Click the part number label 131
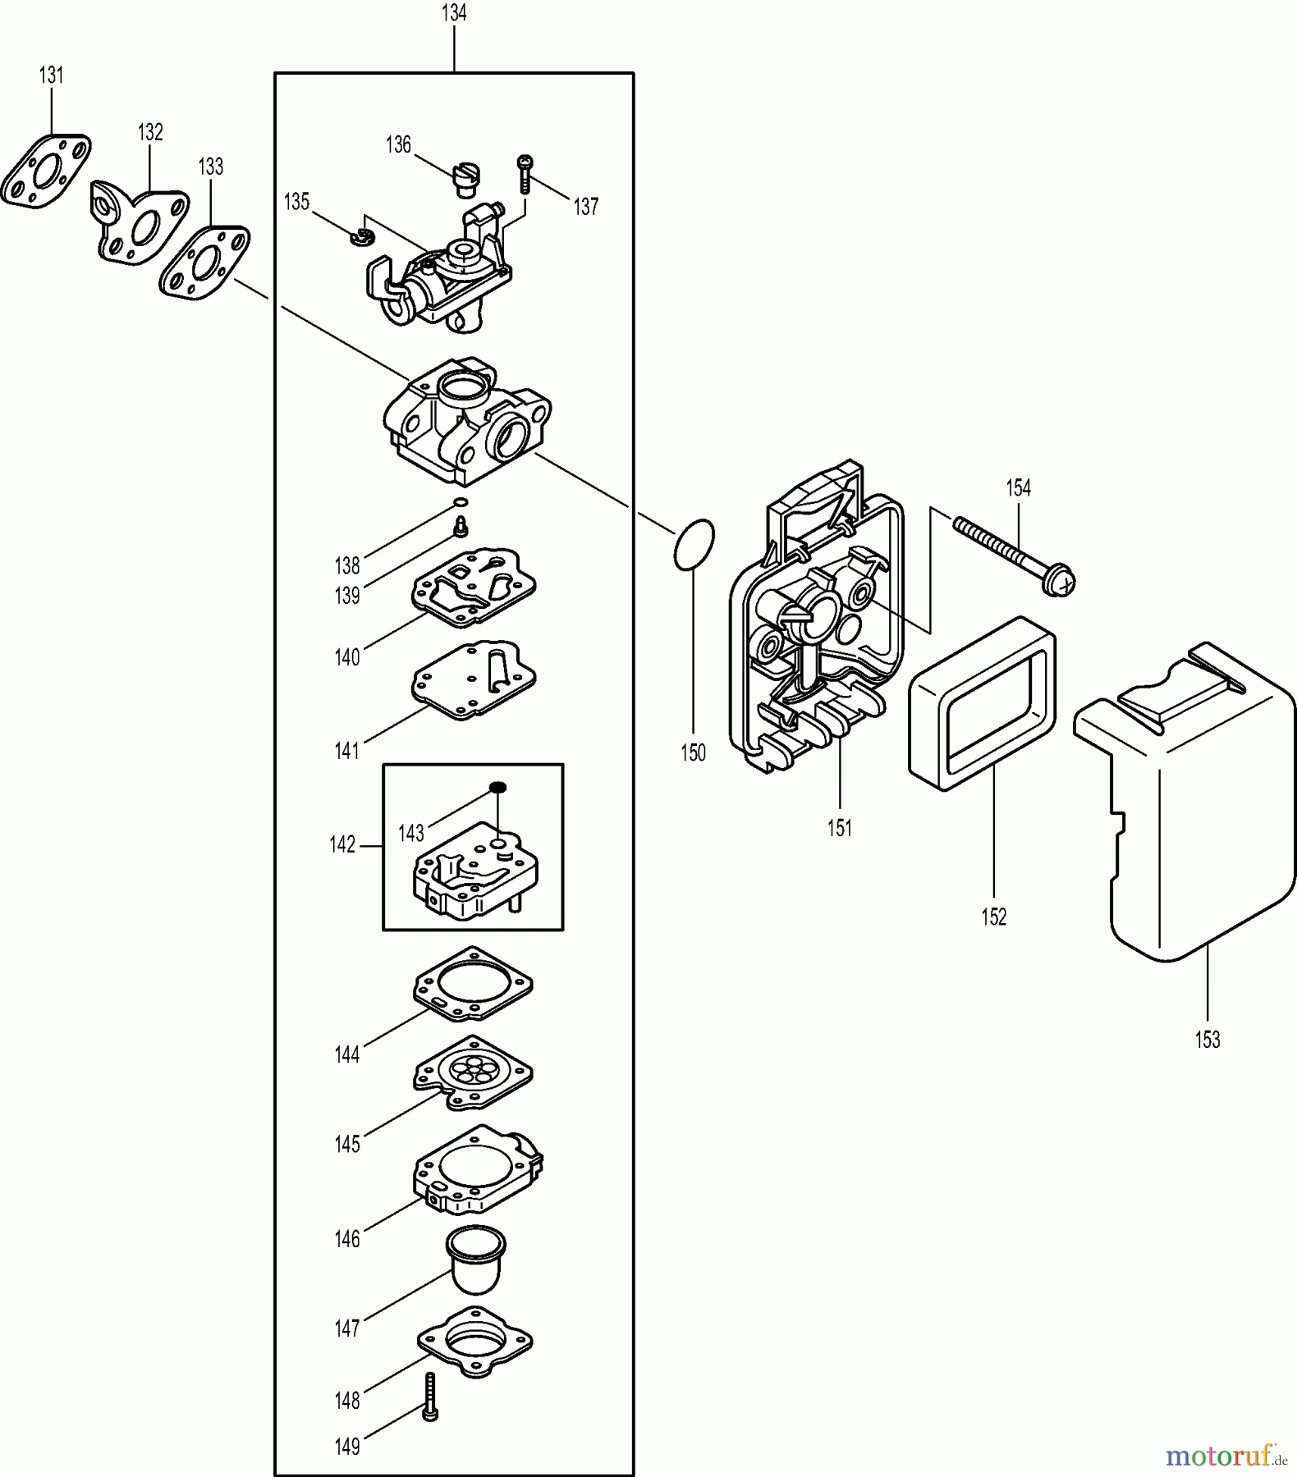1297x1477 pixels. point(51,75)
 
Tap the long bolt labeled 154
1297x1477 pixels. point(1015,552)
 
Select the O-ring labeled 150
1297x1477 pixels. point(694,544)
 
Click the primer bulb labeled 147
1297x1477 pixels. point(475,1264)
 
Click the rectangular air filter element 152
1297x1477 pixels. point(982,704)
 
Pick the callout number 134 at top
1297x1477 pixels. point(454,13)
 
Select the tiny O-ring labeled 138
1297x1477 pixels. point(461,502)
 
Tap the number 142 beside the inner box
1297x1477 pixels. point(342,844)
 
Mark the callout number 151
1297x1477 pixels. point(839,828)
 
